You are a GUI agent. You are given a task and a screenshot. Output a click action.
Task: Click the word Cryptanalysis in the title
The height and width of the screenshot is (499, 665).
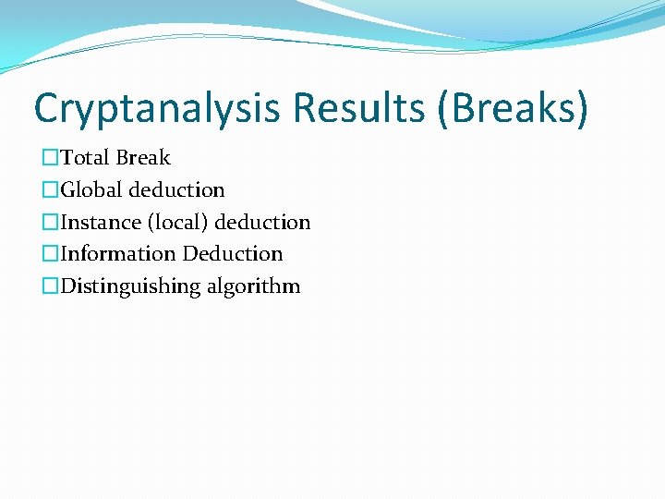[156, 109]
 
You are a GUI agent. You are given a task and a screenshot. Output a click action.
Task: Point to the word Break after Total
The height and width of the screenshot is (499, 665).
[143, 158]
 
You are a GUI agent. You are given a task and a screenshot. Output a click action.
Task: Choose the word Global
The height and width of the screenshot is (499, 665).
[91, 190]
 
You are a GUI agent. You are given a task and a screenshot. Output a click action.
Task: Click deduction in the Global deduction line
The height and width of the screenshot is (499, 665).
[176, 190]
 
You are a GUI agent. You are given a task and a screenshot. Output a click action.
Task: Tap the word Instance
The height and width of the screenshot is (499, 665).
[101, 223]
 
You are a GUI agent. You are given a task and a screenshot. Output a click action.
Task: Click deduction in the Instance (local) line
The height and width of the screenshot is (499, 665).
[262, 223]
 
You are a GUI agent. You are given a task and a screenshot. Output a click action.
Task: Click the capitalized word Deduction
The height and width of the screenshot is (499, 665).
[232, 254]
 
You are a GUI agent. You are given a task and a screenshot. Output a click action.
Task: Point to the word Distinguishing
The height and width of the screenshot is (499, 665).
[130, 286]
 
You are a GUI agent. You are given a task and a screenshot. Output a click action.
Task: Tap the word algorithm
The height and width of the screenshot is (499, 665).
[253, 286]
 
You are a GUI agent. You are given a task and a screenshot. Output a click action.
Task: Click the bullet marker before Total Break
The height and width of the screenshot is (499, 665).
[51, 159]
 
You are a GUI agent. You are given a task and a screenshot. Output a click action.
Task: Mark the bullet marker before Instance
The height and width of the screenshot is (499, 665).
[51, 223]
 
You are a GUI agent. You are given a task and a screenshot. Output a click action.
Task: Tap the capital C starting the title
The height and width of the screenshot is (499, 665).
[46, 109]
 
